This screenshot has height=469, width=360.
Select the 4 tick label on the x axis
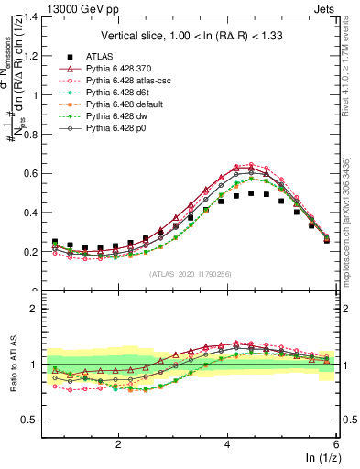(x=227, y=442)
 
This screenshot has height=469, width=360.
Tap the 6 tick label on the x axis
(x=335, y=442)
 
